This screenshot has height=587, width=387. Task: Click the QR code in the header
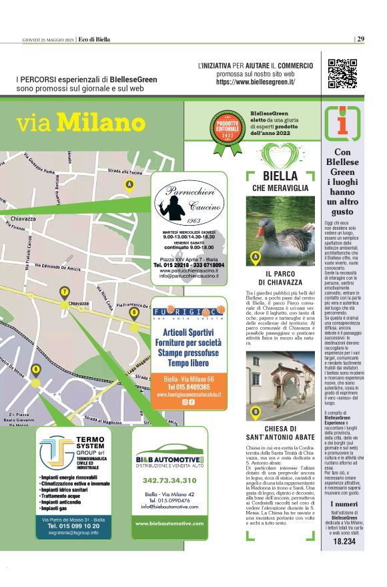pyautogui.click(x=342, y=74)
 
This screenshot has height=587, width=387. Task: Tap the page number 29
pyautogui.click(x=360, y=39)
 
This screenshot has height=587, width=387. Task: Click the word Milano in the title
pyautogui.click(x=101, y=122)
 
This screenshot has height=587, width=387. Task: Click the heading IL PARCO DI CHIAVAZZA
pyautogui.click(x=280, y=278)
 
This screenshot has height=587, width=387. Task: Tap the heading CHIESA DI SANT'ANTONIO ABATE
pyautogui.click(x=280, y=433)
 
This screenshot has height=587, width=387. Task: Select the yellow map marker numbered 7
pyautogui.click(x=65, y=292)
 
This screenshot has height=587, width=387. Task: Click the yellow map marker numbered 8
pyautogui.click(x=134, y=312)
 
